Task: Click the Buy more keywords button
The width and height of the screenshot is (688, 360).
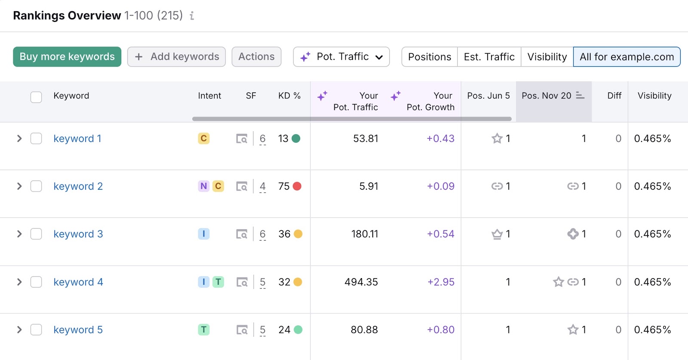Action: point(67,57)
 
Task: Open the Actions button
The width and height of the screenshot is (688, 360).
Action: point(256,57)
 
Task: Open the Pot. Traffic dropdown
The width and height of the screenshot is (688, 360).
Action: point(341,57)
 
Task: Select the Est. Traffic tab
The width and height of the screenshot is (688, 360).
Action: point(489,57)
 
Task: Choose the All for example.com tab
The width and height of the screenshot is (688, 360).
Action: point(627,57)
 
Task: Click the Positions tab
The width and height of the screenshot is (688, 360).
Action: point(429,57)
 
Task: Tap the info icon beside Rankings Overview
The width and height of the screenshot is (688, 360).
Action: point(192,16)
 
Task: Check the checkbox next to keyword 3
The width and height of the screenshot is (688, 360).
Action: point(36,234)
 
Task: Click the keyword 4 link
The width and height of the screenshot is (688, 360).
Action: point(78,282)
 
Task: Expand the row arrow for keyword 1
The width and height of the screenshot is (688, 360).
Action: point(19,138)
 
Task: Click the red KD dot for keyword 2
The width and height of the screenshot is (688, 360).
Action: point(297,186)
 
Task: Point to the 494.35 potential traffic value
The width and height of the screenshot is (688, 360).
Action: point(361,282)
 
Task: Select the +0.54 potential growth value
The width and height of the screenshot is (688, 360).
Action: point(440,234)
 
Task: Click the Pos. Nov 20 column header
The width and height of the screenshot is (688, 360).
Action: point(547,96)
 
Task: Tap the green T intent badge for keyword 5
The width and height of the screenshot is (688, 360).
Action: point(204,330)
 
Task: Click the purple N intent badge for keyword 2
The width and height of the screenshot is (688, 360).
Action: point(204,186)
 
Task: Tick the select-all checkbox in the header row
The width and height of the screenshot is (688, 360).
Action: point(36,97)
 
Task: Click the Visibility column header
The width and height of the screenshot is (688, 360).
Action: point(654,96)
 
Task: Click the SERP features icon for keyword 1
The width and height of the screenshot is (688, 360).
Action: point(242,139)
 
